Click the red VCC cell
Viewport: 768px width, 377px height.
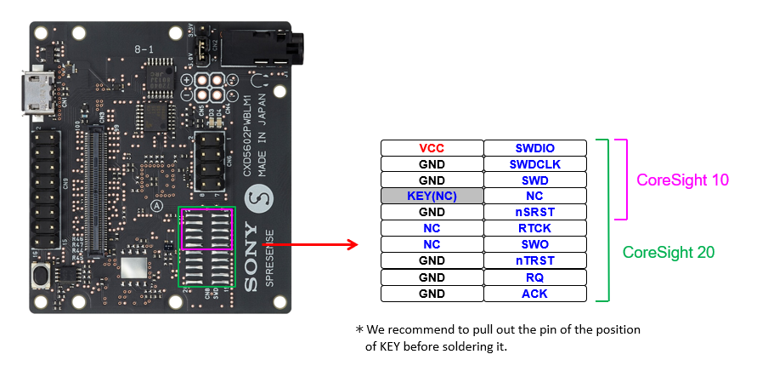click(x=432, y=148)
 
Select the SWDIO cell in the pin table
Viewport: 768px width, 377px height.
click(x=535, y=148)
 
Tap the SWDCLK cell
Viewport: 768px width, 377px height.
click(x=535, y=164)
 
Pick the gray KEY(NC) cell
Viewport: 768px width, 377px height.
click(x=432, y=196)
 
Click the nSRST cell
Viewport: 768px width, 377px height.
click(x=535, y=212)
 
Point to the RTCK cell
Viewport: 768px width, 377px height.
click(x=535, y=228)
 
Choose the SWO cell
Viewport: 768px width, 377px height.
click(x=535, y=244)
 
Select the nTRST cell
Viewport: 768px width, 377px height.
click(x=535, y=260)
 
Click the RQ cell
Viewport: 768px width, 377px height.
click(x=535, y=277)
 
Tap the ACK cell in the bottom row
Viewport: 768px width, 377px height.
click(x=535, y=294)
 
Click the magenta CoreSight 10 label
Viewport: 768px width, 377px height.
click(x=683, y=180)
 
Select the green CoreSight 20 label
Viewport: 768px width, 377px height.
click(x=669, y=253)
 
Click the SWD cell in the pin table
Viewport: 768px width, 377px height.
click(x=535, y=180)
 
